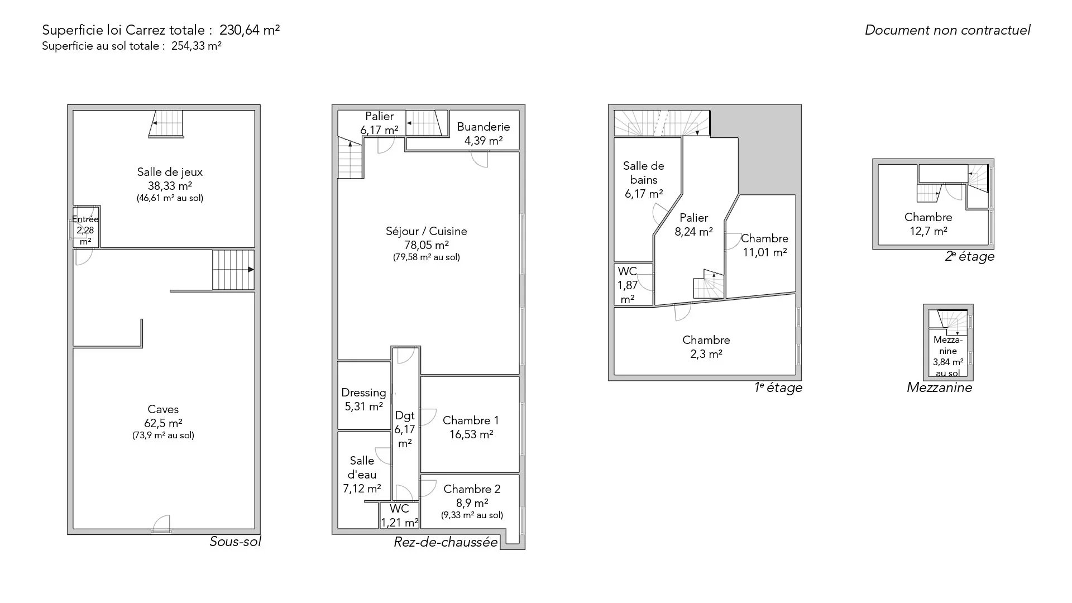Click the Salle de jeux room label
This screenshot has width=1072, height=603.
170,172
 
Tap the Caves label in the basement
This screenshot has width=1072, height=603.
163,409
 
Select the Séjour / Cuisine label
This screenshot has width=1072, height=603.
427,231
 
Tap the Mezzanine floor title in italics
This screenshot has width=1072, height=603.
939,387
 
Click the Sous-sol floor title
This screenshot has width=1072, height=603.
235,542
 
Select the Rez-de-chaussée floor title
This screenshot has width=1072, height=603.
446,542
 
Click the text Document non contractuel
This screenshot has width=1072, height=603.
947,30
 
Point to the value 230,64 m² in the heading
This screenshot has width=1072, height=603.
250,30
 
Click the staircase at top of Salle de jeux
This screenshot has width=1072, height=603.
167,123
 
